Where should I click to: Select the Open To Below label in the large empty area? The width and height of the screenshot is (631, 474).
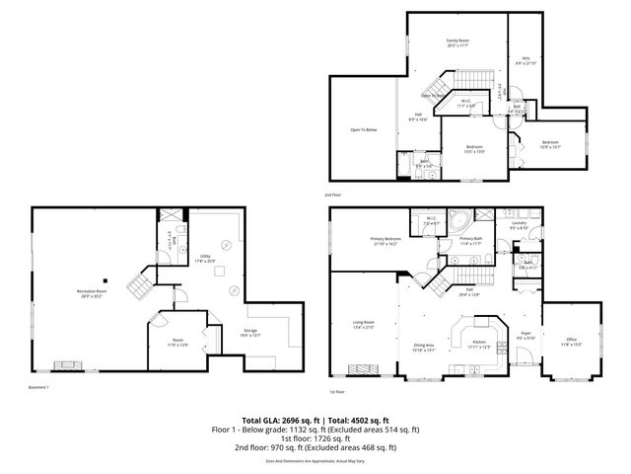pyautogui.click(x=364, y=129)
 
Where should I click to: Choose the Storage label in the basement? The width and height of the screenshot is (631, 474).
pyautogui.click(x=250, y=333)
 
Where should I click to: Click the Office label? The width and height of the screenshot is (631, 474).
pyautogui.click(x=572, y=342)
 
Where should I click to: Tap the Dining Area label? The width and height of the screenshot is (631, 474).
pyautogui.click(x=424, y=346)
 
